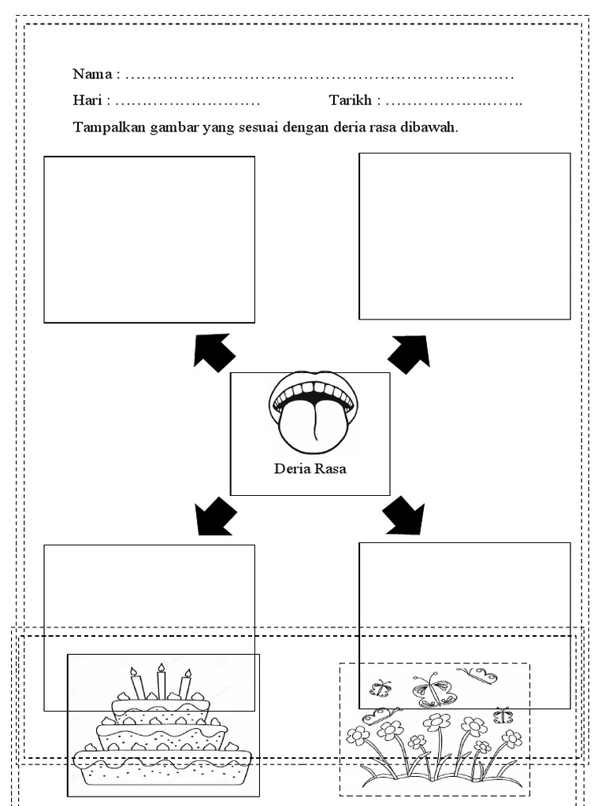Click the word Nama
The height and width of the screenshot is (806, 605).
click(92, 75)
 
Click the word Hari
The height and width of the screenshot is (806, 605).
click(87, 102)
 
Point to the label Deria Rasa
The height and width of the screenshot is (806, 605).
click(310, 470)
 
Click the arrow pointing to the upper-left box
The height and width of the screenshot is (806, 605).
click(213, 351)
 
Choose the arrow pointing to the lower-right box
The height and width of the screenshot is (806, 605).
click(404, 516)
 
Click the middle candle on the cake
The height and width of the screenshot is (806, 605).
click(161, 682)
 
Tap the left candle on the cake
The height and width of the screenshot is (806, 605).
click(137, 683)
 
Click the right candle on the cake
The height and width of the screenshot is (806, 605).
click(185, 684)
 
